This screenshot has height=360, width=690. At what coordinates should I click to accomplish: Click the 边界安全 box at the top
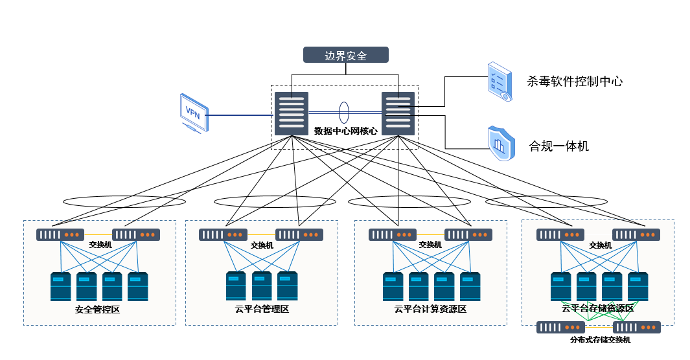tap(346, 55)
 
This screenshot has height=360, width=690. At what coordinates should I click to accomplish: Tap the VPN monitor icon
tap(193, 111)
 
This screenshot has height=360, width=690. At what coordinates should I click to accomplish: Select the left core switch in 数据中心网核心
tap(292, 113)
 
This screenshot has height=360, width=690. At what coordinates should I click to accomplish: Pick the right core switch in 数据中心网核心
tap(398, 113)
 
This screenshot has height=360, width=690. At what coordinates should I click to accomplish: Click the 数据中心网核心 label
tap(345, 131)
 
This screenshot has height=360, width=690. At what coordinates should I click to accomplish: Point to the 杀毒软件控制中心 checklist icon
tap(499, 82)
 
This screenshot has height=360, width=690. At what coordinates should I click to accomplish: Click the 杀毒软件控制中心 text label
tap(575, 82)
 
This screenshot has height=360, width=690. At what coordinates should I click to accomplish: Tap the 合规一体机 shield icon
tap(500, 143)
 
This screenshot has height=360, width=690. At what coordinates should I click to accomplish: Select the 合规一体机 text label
tap(558, 146)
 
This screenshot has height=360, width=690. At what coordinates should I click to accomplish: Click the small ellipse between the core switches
tap(344, 111)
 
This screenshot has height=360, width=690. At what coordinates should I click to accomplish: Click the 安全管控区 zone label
tap(97, 309)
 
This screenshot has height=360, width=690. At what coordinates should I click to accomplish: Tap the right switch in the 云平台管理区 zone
tap(299, 235)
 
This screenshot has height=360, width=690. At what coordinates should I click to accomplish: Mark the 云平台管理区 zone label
tap(261, 309)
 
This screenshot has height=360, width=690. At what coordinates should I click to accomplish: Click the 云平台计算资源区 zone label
tap(430, 309)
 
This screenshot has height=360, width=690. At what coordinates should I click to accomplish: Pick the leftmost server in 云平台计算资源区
tap(393, 287)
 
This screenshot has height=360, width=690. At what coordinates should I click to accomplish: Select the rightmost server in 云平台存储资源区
tap(638, 287)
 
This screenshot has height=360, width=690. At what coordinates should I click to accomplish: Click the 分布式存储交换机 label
tap(600, 340)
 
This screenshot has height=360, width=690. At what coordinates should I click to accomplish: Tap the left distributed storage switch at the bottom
tap(560, 328)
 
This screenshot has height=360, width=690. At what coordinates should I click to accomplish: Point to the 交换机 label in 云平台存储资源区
tap(600, 245)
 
